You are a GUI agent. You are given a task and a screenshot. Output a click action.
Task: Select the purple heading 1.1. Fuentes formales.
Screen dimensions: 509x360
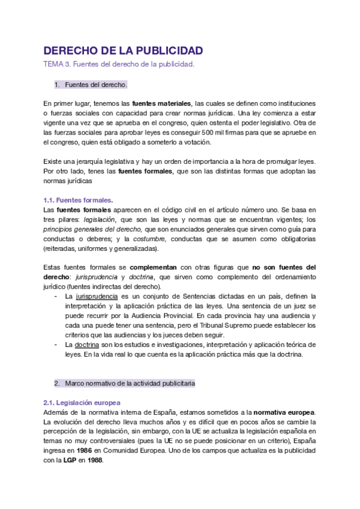78,200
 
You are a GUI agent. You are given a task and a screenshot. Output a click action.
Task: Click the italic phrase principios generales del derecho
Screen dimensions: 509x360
92,229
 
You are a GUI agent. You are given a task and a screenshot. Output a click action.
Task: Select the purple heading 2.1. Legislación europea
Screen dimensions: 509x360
82,403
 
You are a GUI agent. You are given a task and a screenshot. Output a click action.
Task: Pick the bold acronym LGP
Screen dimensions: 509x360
70,460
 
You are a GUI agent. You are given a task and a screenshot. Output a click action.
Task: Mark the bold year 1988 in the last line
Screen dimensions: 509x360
94,460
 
